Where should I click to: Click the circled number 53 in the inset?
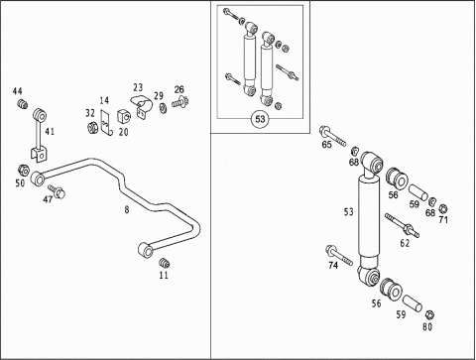coord(261,119)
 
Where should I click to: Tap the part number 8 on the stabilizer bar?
coord(127,209)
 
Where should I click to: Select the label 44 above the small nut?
coord(18,91)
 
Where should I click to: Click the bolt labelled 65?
coord(332,136)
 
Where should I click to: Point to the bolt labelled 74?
coord(338,255)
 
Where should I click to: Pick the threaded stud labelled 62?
coord(402,225)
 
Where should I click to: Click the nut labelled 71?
coord(443,208)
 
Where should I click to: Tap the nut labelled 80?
coord(429,314)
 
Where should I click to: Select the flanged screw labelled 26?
coord(180,101)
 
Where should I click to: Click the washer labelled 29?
coord(163,108)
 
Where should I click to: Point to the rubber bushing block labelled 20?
coord(124,115)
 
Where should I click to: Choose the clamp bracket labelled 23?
coord(142,105)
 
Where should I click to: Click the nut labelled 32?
coord(91,127)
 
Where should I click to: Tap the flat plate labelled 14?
coord(105,123)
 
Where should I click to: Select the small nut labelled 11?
coord(164,263)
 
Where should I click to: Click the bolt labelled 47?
coord(57,191)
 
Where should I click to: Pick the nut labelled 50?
coord(23,170)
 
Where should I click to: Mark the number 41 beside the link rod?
coord(50,132)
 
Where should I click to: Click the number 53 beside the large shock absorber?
coord(349,212)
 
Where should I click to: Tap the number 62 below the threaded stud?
coord(405,243)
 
